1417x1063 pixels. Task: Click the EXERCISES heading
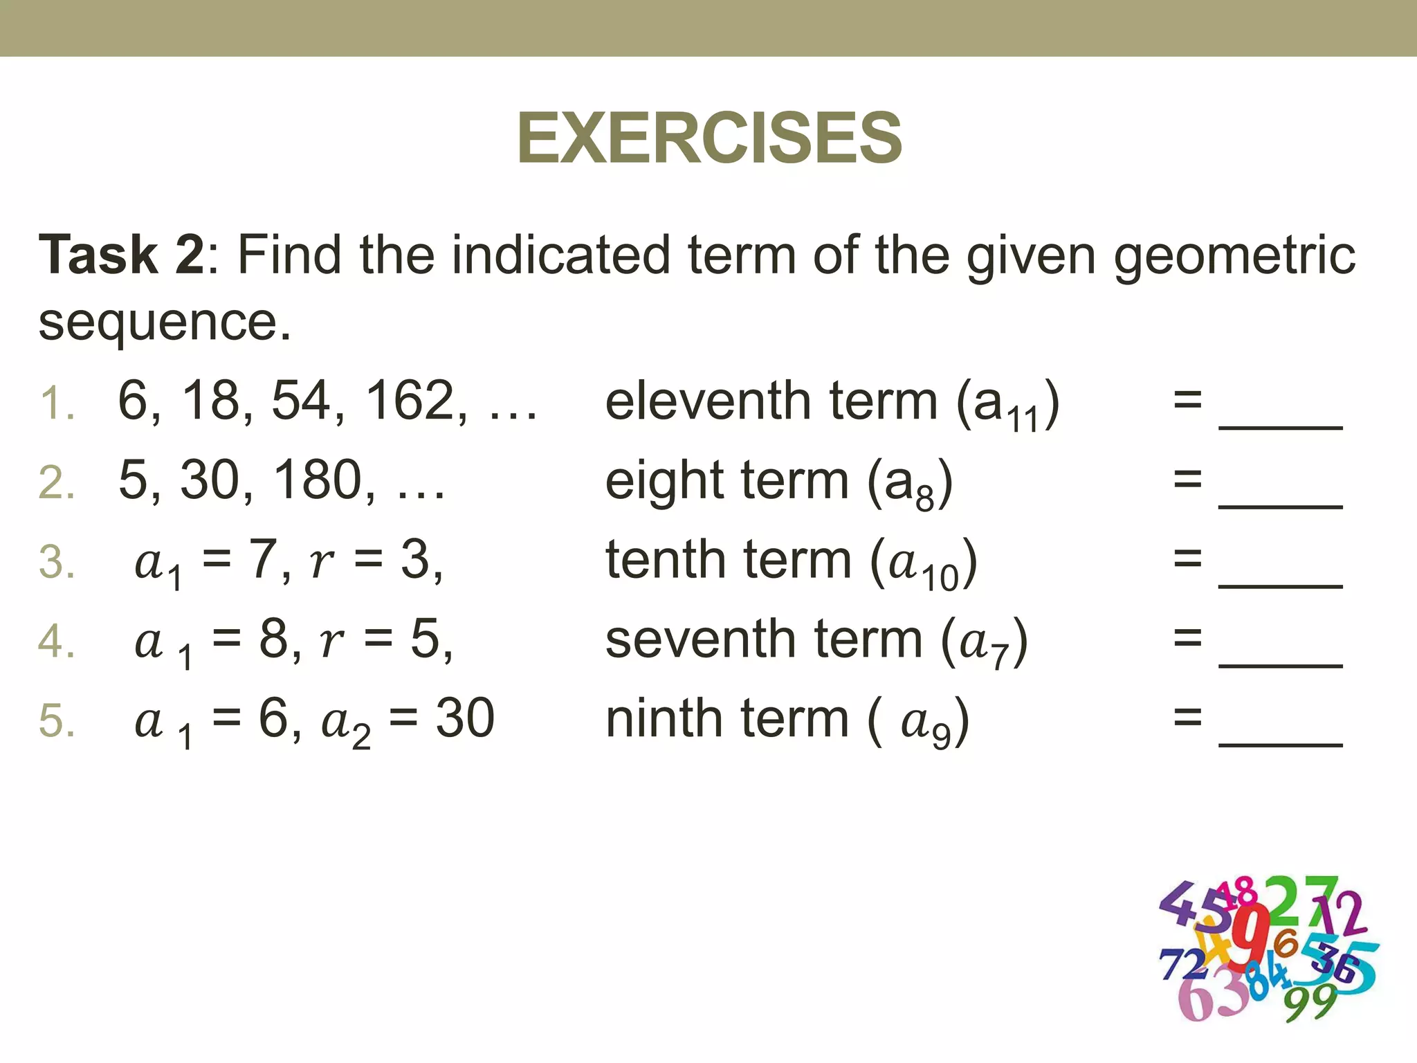(709, 138)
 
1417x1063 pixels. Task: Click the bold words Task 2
(122, 255)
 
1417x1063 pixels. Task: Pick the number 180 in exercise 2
(318, 480)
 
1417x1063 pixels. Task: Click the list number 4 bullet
(55, 641)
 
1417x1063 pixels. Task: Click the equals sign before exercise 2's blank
(1187, 480)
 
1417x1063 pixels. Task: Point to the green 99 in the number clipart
(1310, 1001)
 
